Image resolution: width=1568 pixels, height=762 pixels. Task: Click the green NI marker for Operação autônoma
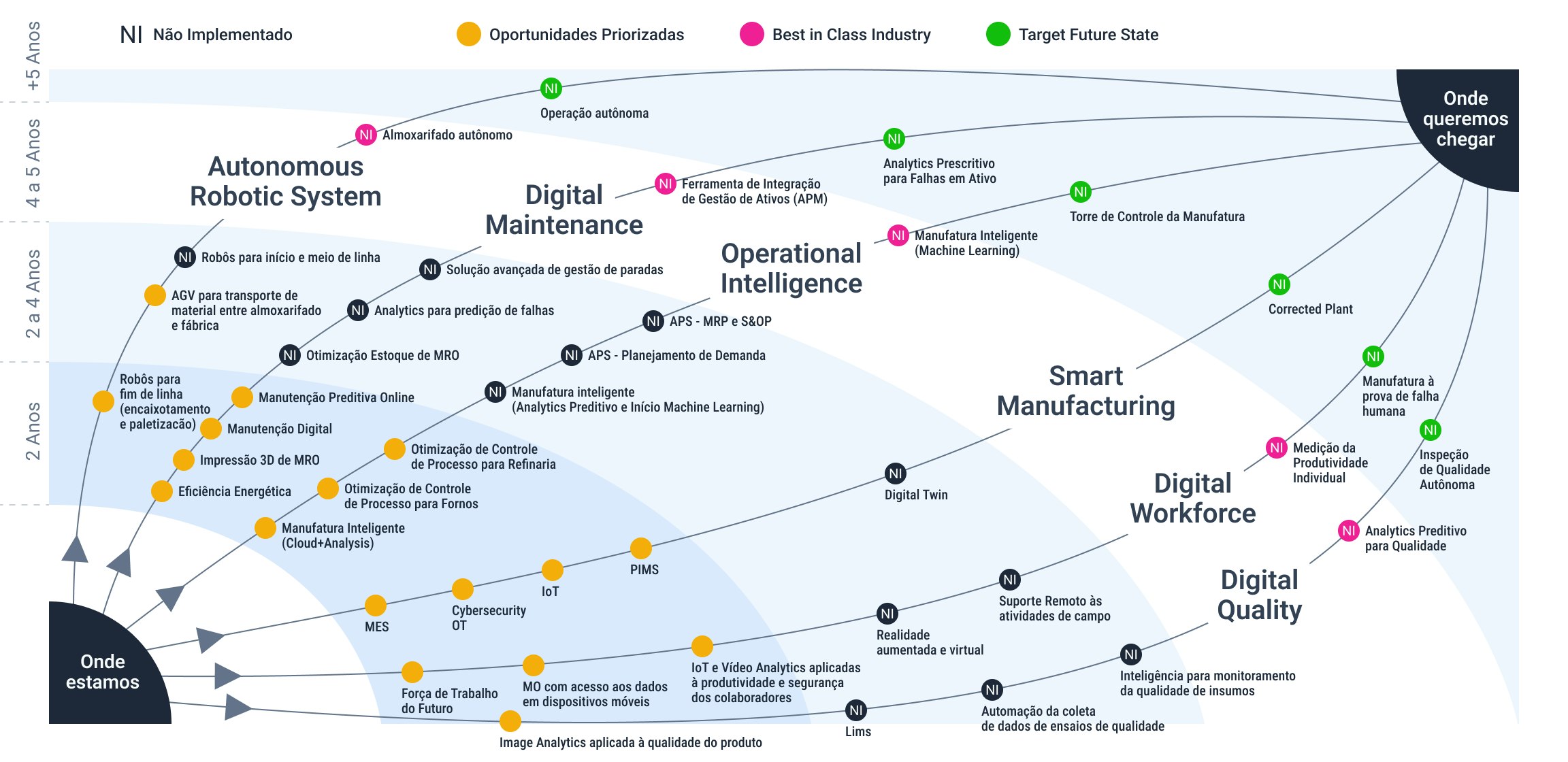(551, 88)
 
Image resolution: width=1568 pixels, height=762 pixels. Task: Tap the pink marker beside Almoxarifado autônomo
(366, 135)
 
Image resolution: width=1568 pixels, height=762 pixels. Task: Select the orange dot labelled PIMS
(641, 548)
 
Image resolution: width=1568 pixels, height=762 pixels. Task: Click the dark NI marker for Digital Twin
(896, 474)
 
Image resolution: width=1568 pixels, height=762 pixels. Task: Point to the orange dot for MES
(376, 605)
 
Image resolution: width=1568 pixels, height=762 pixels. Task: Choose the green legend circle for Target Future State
(998, 34)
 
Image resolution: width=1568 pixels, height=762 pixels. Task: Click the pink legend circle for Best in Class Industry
(752, 34)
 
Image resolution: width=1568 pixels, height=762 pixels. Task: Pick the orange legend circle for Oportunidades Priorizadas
(469, 34)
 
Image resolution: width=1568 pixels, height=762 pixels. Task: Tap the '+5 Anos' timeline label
(33, 56)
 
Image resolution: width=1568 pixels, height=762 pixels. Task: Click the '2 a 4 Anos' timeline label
(33, 294)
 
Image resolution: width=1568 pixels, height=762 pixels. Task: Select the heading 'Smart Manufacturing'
(1086, 391)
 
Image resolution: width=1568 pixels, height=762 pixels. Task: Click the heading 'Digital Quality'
(1260, 595)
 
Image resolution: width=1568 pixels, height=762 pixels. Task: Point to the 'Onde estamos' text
(103, 672)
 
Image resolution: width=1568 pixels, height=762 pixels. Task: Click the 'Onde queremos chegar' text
(1466, 118)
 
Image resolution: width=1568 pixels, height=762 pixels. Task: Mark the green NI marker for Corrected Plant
(1279, 284)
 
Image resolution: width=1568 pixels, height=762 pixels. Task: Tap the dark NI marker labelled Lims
(856, 710)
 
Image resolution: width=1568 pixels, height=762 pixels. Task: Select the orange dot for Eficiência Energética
(162, 491)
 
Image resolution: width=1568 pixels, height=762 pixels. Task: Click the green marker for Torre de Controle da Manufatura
(1081, 192)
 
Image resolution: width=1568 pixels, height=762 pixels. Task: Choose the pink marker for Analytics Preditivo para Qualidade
(1349, 531)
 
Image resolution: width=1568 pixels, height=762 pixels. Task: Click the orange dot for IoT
(553, 570)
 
